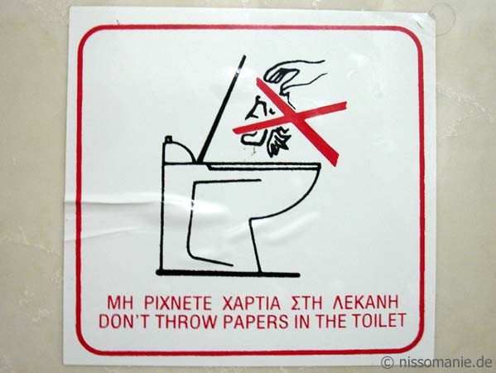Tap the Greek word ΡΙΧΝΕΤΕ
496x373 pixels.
(177, 303)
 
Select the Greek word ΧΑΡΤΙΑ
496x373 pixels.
(252, 303)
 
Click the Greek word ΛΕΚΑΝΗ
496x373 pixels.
(366, 303)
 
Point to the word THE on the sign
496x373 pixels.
(329, 321)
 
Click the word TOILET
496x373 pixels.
(378, 321)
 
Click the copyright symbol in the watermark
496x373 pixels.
(388, 362)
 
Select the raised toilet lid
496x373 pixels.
(221, 109)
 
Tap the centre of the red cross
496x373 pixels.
(296, 119)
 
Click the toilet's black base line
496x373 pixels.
(228, 274)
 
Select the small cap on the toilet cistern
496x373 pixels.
(169, 139)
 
